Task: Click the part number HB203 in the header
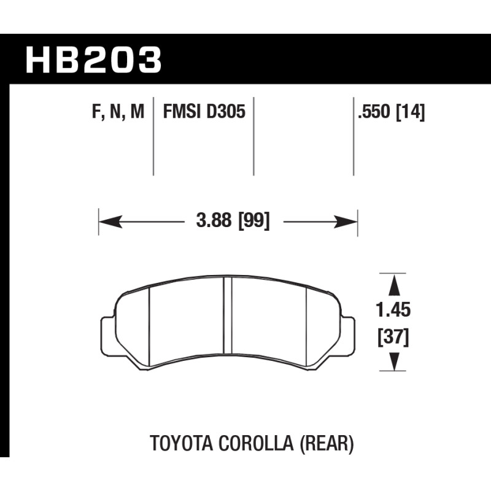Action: pos(93,60)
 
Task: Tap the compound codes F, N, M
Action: pos(118,112)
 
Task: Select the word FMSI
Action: pos(182,112)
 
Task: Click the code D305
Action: pos(225,112)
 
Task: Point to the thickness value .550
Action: pos(374,112)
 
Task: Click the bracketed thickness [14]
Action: pos(411,112)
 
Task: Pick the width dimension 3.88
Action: pos(214,220)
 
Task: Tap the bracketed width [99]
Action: pos(254,221)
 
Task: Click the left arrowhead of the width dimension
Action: pos(110,222)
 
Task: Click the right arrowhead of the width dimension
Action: pos(346,222)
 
